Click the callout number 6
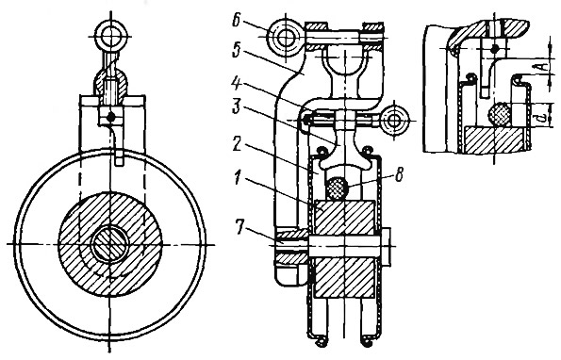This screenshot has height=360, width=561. click(x=237, y=21)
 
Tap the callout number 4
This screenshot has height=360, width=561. click(x=237, y=86)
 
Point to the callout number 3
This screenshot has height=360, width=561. click(x=237, y=107)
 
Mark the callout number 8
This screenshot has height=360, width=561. click(x=400, y=174)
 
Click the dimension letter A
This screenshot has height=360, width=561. click(x=543, y=67)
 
